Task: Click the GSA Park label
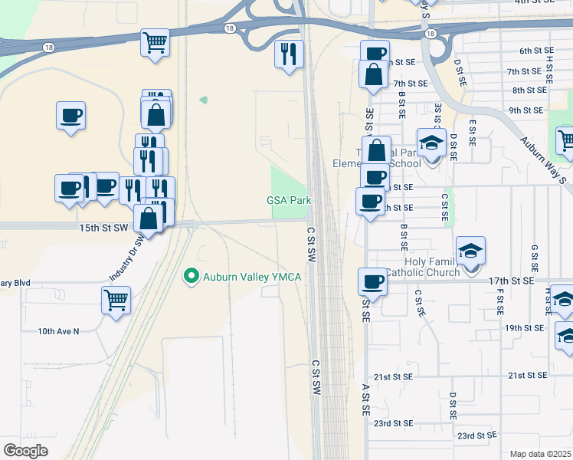coord(289,200)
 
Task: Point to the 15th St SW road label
coord(103,228)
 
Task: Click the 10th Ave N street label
coord(58,331)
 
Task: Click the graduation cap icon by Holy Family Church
coord(470,251)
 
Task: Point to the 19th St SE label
coord(526,327)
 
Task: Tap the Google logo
coord(25,451)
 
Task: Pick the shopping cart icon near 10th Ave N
coord(116,299)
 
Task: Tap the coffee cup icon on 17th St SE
coord(373,281)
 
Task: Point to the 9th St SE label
coord(526,110)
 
